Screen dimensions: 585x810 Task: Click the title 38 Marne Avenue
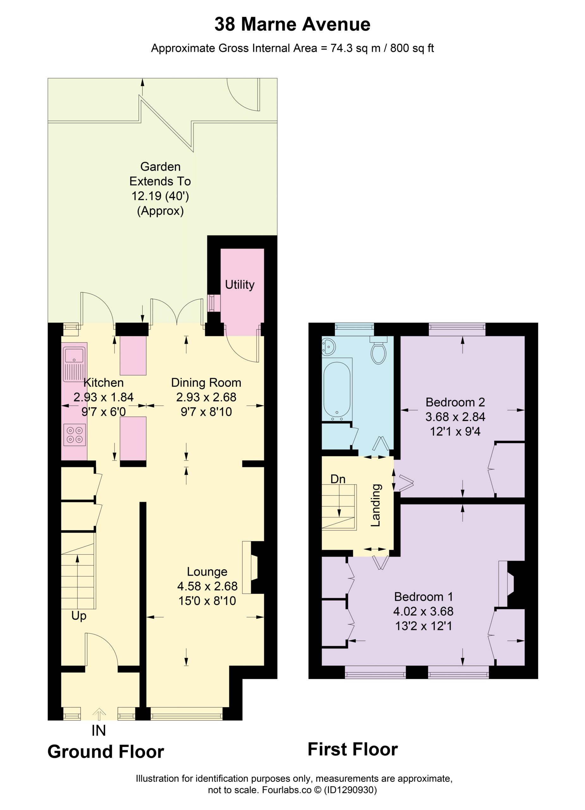coord(292,25)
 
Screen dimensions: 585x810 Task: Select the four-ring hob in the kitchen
coord(75,435)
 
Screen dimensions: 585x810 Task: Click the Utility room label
coord(240,285)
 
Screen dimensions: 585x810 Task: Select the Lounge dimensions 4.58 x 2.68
coord(207,586)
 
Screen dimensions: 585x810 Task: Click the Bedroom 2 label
coord(455,402)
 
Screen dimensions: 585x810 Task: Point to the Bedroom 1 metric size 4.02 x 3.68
coord(423,611)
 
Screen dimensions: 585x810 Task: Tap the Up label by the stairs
coord(79,616)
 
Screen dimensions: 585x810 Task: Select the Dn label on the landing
coord(338,479)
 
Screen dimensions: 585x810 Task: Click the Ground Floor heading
coord(106,752)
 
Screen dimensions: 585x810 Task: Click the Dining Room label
coord(206,383)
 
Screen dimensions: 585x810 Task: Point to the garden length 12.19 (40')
coord(160,196)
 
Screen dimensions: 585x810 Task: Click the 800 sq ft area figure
coord(412,48)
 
